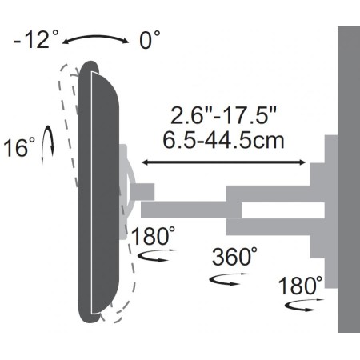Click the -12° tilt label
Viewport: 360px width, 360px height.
pyautogui.click(x=36, y=39)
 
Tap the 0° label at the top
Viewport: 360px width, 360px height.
pyautogui.click(x=150, y=40)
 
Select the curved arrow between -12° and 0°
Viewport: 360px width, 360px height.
pyautogui.click(x=95, y=37)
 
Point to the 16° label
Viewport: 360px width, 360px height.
pyautogui.click(x=19, y=147)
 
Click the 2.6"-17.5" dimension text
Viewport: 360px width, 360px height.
pyautogui.click(x=223, y=115)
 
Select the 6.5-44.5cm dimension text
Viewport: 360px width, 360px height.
pyautogui.click(x=223, y=140)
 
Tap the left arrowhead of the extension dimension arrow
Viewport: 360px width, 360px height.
pyautogui.click(x=145, y=162)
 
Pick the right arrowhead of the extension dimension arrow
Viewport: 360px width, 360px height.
pyautogui.click(x=302, y=162)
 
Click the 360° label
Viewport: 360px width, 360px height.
pyautogui.click(x=234, y=256)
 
